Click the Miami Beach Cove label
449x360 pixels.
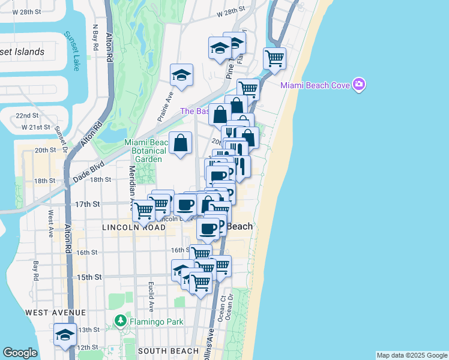pyautogui.click(x=316, y=85)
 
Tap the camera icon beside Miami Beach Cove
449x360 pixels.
pyautogui.click(x=359, y=84)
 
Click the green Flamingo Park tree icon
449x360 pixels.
pyautogui.click(x=121, y=321)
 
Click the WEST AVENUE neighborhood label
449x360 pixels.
pyautogui.click(x=55, y=313)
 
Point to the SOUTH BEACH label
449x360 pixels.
pyautogui.click(x=168, y=351)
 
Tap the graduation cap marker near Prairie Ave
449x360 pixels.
pyautogui.click(x=181, y=75)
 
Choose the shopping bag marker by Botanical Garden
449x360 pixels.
pyautogui.click(x=180, y=143)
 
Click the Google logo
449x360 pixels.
pyautogui.click(x=20, y=353)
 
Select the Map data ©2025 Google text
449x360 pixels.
pyautogui.click(x=412, y=355)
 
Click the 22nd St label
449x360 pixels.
pyautogui.click(x=28, y=115)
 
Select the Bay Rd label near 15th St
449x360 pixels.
pyautogui.click(x=36, y=270)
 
